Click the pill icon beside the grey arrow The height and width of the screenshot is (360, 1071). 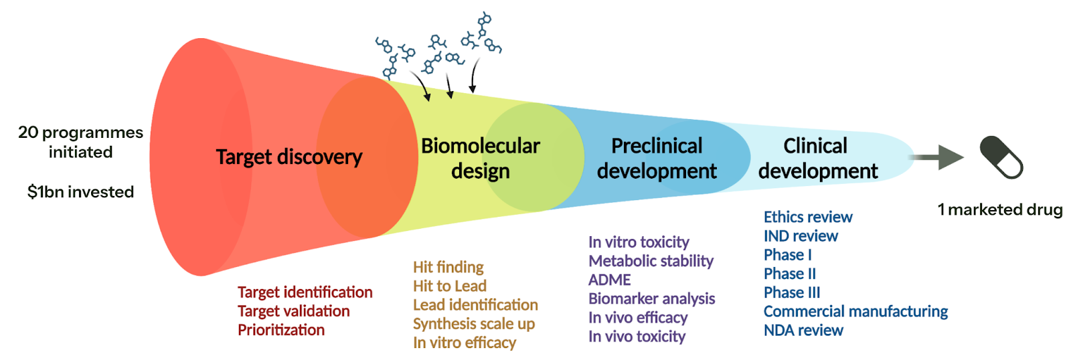(1001, 157)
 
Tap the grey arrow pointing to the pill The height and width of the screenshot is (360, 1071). (937, 157)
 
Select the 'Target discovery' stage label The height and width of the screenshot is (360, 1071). (289, 157)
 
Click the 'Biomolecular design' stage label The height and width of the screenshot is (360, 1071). (480, 159)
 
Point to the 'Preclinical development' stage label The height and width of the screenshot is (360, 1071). (657, 159)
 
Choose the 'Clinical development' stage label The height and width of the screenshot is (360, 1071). (817, 159)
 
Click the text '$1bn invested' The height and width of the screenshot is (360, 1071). (80, 192)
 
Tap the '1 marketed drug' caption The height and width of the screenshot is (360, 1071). (999, 210)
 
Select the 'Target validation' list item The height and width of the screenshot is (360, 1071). (293, 311)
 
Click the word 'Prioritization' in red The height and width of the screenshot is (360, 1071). (281, 330)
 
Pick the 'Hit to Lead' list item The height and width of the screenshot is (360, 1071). (449, 286)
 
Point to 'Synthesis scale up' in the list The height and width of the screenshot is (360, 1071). (473, 324)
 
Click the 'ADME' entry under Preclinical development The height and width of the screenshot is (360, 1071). (609, 280)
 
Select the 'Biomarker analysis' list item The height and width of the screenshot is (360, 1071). (651, 298)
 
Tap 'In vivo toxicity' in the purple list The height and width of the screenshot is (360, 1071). (637, 337)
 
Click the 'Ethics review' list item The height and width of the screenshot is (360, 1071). (807, 217)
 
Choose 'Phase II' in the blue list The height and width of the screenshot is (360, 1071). (789, 274)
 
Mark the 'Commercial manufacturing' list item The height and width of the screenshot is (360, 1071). (855, 311)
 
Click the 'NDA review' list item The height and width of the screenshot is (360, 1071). (803, 331)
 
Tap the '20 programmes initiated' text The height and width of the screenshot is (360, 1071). (80, 142)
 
